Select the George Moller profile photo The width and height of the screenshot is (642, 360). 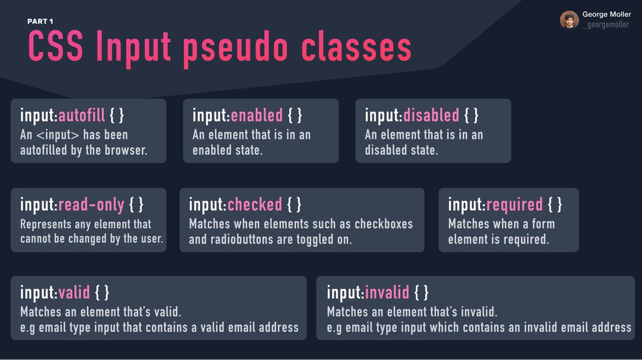pyautogui.click(x=569, y=20)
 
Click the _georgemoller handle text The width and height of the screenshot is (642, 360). pyautogui.click(x=606, y=25)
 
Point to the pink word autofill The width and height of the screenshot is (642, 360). pyautogui.click(x=82, y=115)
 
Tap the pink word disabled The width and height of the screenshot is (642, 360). pyautogui.click(x=431, y=115)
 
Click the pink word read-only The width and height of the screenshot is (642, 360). pyautogui.click(x=91, y=204)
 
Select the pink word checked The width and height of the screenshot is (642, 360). pyautogui.click(x=255, y=204)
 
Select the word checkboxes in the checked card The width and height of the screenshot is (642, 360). pyautogui.click(x=384, y=224)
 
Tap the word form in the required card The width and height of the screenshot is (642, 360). pyautogui.click(x=542, y=224)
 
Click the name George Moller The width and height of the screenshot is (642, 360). pyautogui.click(x=607, y=14)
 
